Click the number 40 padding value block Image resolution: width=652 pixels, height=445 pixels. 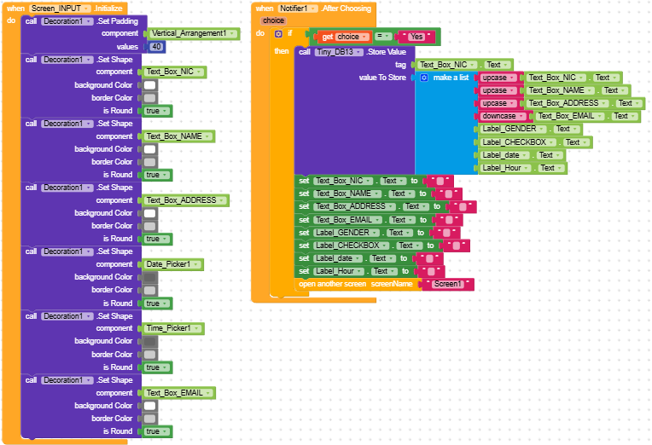tap(157, 47)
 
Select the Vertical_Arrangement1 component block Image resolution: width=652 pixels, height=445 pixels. tap(189, 33)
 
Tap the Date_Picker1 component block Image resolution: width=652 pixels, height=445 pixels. tap(169, 264)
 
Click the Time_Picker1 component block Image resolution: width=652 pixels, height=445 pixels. tap(169, 328)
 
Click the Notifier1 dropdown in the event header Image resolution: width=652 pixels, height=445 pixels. tap(298, 8)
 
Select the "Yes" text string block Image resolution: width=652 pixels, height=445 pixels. tap(416, 37)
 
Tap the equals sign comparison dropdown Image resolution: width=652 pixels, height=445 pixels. tap(383, 37)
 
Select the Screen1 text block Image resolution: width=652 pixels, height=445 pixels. tap(447, 284)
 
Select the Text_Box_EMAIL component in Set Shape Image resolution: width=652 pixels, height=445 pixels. tap(178, 393)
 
